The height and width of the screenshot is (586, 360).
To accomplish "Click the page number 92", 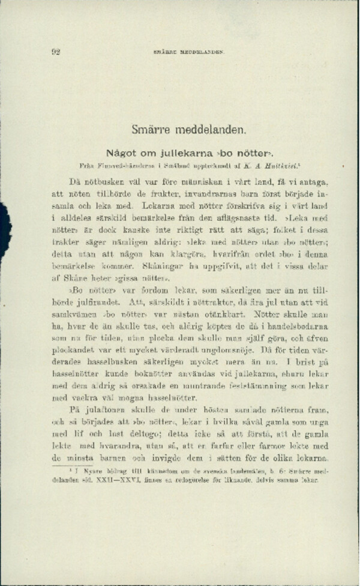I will click(x=55, y=52).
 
